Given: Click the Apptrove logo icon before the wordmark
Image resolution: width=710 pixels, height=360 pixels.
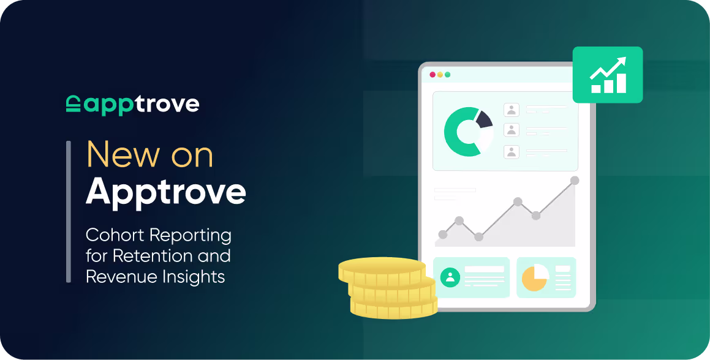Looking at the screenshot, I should pos(73,104).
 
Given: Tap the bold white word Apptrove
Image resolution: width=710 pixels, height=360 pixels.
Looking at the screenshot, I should pos(165,192).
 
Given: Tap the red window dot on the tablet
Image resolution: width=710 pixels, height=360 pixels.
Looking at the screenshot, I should pos(432,75).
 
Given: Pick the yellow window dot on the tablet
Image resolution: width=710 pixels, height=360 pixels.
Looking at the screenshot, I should pos(440,75).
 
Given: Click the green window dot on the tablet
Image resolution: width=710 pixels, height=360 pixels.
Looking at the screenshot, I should pos(447,75).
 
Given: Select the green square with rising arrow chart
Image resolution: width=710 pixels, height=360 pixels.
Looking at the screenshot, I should pos(607,75).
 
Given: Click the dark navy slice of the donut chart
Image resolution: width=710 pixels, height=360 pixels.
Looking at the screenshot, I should pos(484,119).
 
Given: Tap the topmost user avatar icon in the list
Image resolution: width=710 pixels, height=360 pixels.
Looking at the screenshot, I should pos(511,110).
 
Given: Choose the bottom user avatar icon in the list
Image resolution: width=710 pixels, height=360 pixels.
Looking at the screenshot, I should pos(511,151).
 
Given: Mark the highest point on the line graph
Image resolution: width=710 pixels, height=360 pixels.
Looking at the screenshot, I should pos(575,181).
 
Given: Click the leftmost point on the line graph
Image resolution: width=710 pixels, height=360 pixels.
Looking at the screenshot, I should pos(443,234).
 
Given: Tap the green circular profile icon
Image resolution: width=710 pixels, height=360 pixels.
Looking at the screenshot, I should pos(450,277).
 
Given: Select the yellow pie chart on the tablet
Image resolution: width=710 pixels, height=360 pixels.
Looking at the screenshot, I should pos(534,277).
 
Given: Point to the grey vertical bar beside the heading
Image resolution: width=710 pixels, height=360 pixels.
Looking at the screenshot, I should pos(69,211).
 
